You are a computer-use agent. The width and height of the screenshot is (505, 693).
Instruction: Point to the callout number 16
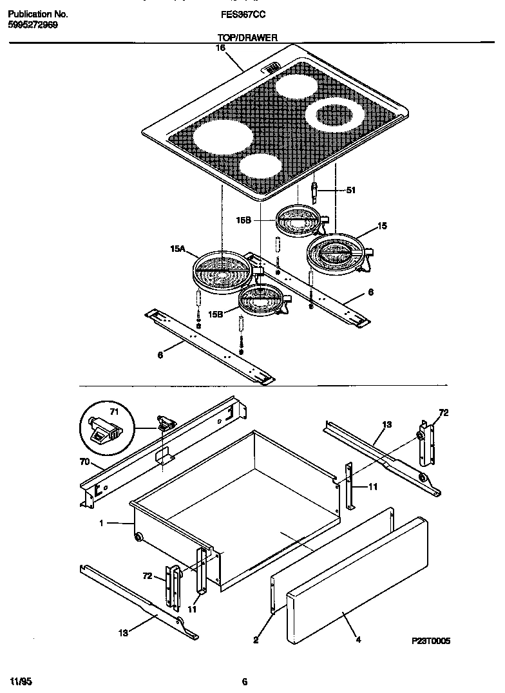click(x=221, y=48)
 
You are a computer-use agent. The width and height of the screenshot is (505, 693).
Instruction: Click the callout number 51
click(x=350, y=190)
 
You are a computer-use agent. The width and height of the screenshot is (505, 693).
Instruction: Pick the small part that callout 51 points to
click(x=314, y=191)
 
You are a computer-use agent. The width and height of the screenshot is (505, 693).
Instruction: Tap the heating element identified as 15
click(x=336, y=251)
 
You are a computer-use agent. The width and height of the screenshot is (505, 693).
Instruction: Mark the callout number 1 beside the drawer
click(x=101, y=524)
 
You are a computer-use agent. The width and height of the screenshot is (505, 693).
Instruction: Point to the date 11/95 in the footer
click(x=21, y=681)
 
